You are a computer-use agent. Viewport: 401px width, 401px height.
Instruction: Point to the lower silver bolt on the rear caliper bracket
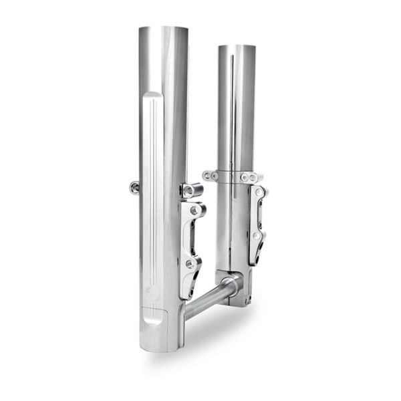click(x=257, y=237)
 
